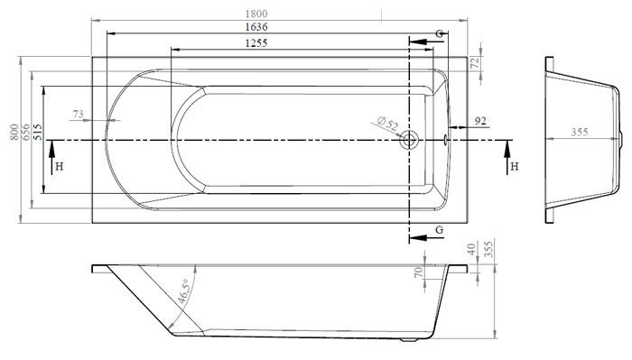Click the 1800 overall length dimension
[x=256, y=14]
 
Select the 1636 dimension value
[x=256, y=27]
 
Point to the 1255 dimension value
[x=256, y=42]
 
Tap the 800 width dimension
[x=14, y=132]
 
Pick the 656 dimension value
[x=25, y=132]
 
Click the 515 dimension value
[x=38, y=132]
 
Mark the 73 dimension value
[x=79, y=114]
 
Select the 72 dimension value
[x=475, y=62]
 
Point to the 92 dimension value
[x=480, y=121]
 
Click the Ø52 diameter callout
[x=387, y=123]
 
